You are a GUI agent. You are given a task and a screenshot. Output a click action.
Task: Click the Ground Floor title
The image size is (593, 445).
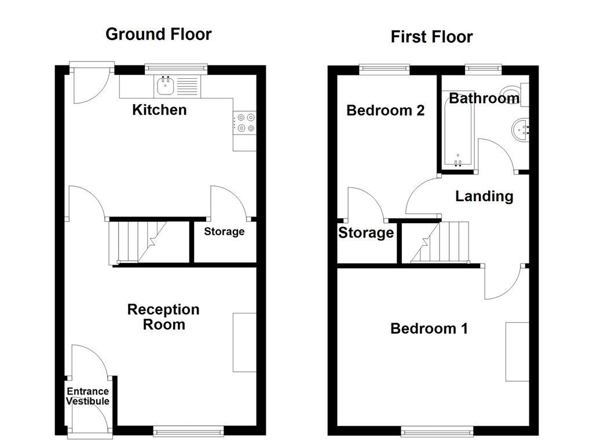point(158,34)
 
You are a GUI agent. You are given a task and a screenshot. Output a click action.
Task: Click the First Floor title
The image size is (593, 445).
point(431,37)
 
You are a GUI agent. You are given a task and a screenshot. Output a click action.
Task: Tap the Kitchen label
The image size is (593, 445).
point(159,110)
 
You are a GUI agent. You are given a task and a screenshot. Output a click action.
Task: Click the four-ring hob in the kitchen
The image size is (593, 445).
point(245,123)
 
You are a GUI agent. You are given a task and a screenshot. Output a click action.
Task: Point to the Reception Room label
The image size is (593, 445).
point(163,317)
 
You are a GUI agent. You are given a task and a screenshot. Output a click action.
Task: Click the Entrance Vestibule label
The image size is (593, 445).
point(87,396)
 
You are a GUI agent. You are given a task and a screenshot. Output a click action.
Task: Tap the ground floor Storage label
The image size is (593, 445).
point(224,232)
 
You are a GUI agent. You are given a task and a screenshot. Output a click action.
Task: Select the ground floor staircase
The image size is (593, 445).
point(137,242)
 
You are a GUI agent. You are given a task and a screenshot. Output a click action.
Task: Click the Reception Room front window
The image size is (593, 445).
point(188,430)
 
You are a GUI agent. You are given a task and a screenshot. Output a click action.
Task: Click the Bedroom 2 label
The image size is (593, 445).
point(385,110)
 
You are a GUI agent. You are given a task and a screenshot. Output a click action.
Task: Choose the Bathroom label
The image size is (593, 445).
point(484,99)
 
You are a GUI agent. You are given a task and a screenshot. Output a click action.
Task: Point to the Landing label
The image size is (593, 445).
point(484,196)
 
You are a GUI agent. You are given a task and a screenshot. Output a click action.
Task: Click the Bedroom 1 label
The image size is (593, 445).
point(429,329)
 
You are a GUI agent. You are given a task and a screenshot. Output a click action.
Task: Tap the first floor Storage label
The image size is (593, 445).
point(366,233)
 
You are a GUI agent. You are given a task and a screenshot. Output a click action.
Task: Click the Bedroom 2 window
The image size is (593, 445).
point(385,69)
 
